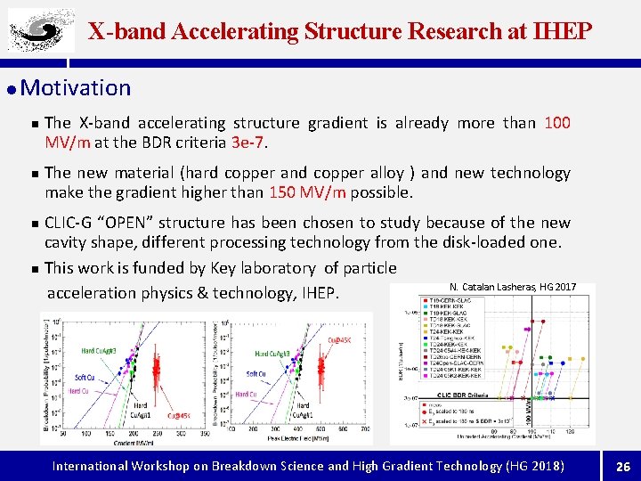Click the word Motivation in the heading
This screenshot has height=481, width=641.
point(75,88)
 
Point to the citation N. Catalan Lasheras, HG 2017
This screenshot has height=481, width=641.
point(513,287)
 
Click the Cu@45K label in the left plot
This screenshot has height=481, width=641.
point(176,415)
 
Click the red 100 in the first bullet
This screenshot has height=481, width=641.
point(557,123)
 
